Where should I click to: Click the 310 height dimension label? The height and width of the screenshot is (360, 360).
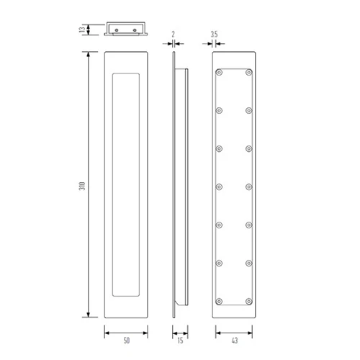click(x=82, y=186)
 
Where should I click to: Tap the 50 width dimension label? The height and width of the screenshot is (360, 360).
click(x=127, y=341)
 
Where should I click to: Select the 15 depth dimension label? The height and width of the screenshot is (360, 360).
click(x=180, y=341)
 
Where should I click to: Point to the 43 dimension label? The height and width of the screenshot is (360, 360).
click(x=235, y=341)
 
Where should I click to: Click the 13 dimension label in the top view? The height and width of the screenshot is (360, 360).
click(x=82, y=30)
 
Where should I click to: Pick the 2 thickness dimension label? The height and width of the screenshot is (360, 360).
click(x=174, y=35)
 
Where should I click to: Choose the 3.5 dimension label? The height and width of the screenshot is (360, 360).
click(x=214, y=35)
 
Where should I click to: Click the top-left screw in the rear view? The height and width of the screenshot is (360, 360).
click(x=219, y=72)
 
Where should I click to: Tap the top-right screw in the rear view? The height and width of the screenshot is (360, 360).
click(x=249, y=72)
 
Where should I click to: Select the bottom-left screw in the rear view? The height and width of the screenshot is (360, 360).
click(x=219, y=302)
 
